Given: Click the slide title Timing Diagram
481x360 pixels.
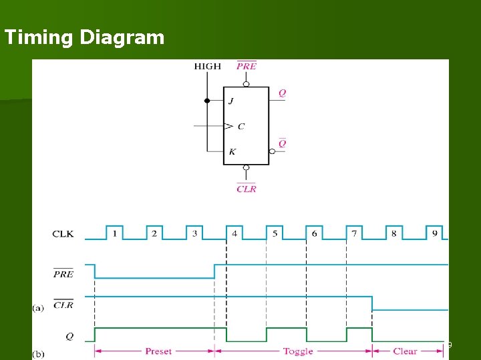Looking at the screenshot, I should (x=84, y=37).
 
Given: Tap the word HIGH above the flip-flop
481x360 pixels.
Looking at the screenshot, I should (x=207, y=66).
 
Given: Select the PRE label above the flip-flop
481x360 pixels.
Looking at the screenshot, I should (x=246, y=66).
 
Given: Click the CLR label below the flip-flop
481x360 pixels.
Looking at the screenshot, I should (x=246, y=189).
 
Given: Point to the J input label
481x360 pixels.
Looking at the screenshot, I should (x=231, y=101).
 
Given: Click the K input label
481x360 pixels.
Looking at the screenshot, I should (x=232, y=152).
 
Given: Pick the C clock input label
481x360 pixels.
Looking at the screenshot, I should (x=240, y=126).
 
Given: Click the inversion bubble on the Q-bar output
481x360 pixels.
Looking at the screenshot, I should (x=273, y=151).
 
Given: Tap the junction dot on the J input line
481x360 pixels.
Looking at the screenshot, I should (x=207, y=101).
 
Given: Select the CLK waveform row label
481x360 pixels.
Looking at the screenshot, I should (x=63, y=234).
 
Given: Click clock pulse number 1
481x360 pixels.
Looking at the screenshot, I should (x=115, y=233).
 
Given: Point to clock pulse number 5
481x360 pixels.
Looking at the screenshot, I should (x=275, y=233).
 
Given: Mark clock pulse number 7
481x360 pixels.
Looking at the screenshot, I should (x=354, y=233).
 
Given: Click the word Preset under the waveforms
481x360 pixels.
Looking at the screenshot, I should (x=158, y=351).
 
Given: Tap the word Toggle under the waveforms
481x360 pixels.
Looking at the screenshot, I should (x=297, y=351).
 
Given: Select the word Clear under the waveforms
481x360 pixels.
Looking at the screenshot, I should (x=405, y=351).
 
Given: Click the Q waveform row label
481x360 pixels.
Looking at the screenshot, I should (x=69, y=337).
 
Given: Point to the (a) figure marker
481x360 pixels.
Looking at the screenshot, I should (x=39, y=308).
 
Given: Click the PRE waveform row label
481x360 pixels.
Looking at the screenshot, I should (x=63, y=273).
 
